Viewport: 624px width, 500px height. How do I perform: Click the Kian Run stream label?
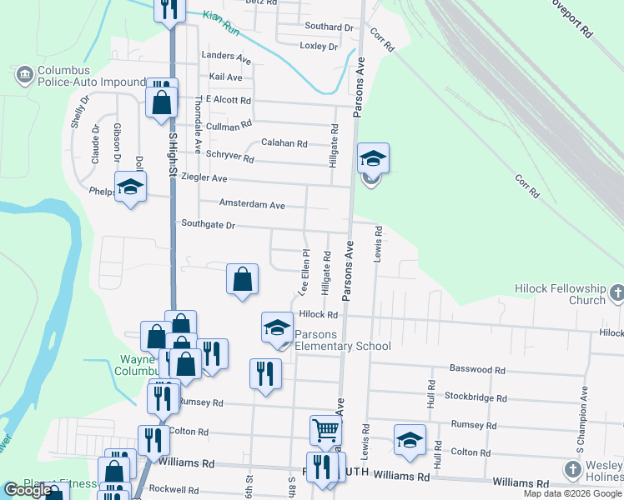click(x=219, y=16)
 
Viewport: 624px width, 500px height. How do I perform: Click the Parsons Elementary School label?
click(x=343, y=341)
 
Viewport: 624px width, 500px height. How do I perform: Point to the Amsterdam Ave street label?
click(x=252, y=205)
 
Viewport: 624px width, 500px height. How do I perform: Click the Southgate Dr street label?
click(x=209, y=225)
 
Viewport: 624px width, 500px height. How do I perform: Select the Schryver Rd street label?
click(x=229, y=156)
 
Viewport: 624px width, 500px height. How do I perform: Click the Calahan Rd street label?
click(x=284, y=143)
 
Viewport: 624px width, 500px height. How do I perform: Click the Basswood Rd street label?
click(x=477, y=368)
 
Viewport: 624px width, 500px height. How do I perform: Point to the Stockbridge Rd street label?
click(x=476, y=397)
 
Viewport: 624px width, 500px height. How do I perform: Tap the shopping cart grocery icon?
click(x=325, y=431)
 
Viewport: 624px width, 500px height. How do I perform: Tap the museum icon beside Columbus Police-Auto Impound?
click(x=23, y=76)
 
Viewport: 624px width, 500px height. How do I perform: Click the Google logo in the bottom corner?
click(x=28, y=490)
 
